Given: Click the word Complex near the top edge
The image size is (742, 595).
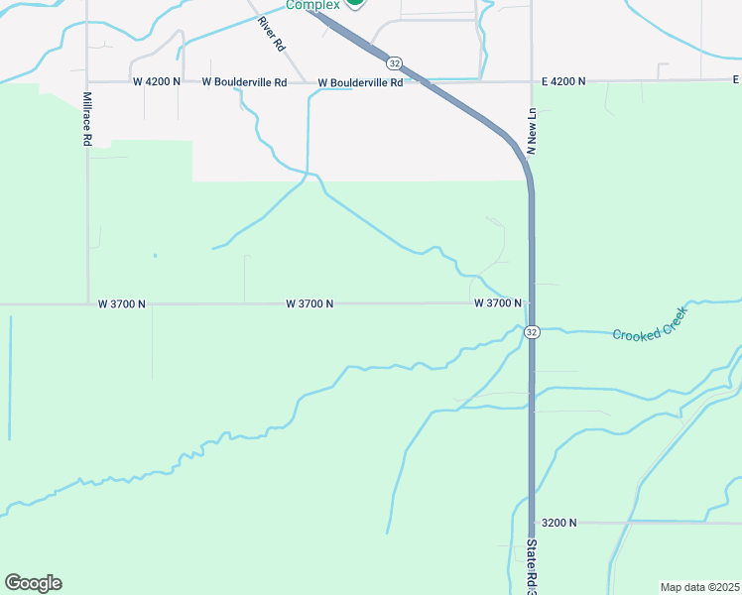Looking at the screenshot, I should pos(312,5).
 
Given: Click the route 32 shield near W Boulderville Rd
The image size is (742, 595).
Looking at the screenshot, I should pos(395,62).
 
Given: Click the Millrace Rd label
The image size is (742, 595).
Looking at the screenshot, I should pos(87,120).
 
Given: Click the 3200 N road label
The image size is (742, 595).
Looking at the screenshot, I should pos(558,522).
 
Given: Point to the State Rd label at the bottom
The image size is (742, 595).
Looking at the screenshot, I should pos(532,565).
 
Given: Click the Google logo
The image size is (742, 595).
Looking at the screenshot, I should pos(33,582).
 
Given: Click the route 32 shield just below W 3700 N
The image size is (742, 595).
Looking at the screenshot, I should pos(533,332).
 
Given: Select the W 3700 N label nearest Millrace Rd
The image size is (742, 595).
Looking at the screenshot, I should pos(122,303).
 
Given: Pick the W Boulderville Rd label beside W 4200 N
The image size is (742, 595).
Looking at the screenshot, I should pos(244,82).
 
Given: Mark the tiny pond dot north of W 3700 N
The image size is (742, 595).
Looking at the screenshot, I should pos(155,256).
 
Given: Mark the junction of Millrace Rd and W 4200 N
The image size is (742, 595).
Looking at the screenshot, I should pos(87,82).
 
